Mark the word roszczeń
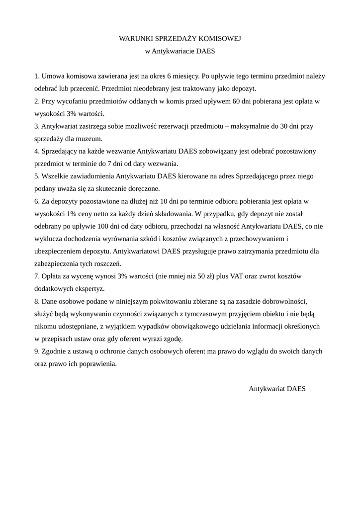click(x=107, y=263)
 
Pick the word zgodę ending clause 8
click(x=173, y=339)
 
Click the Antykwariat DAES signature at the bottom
click(x=277, y=389)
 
